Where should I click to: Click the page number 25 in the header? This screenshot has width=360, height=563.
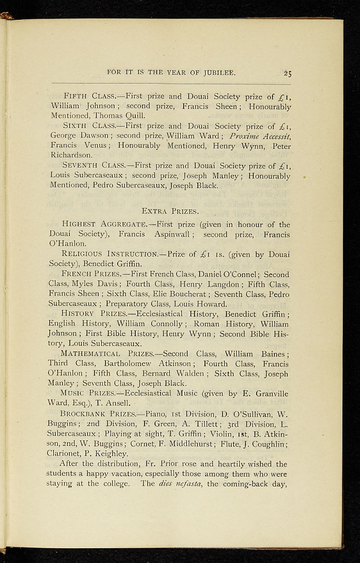tap(287, 73)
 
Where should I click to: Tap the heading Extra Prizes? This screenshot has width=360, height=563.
tap(170, 211)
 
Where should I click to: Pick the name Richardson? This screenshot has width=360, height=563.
tap(71, 155)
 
